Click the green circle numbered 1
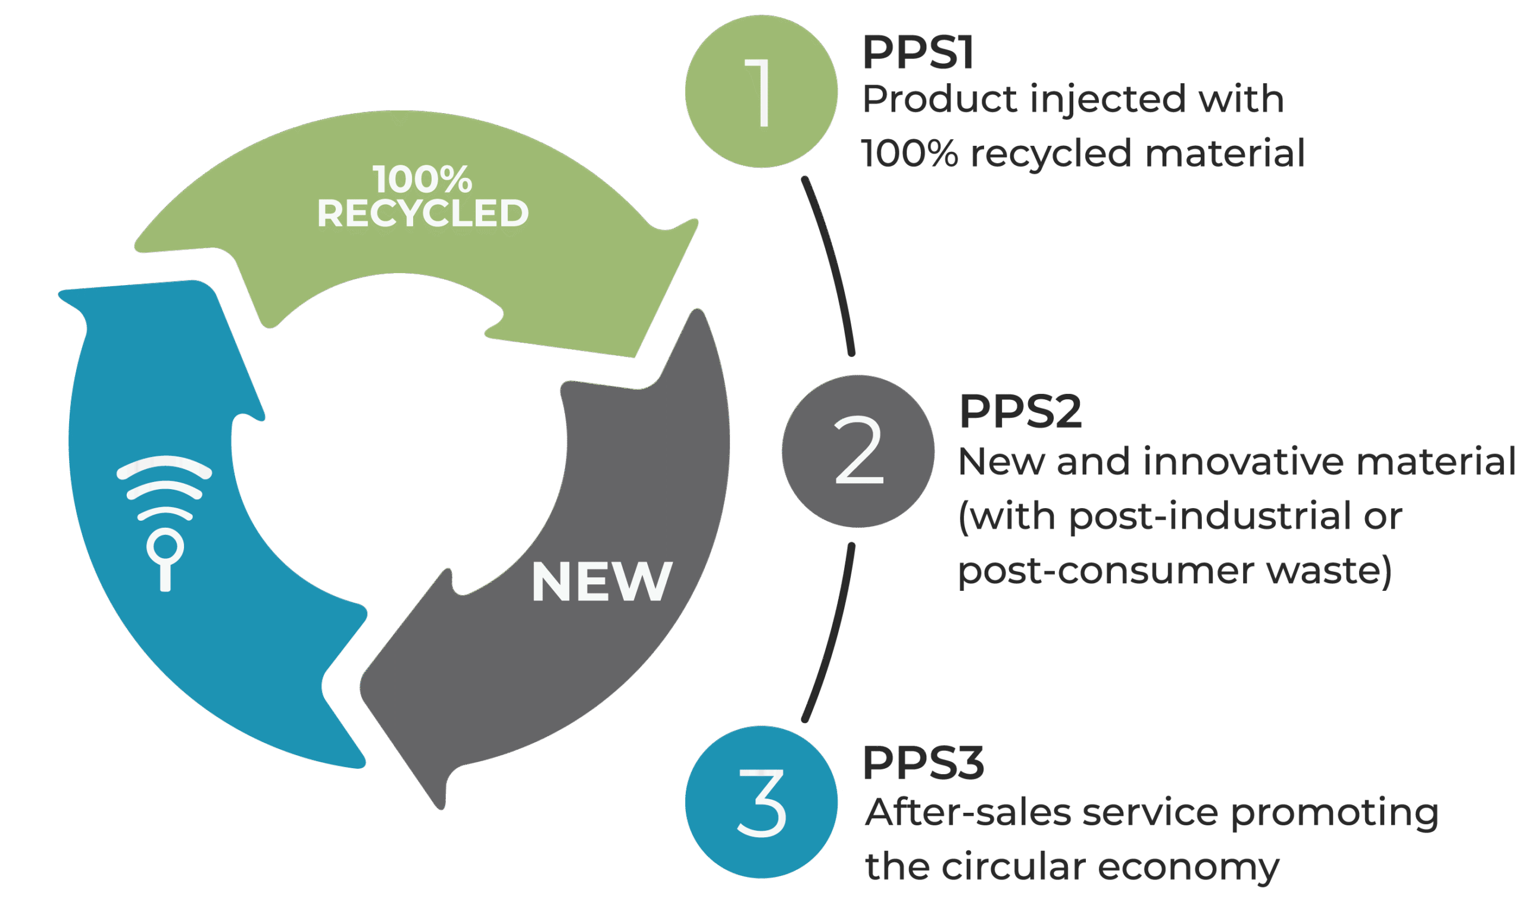pyautogui.click(x=761, y=91)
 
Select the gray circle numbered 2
pyautogui.click(x=857, y=451)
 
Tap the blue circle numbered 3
pyautogui.click(x=761, y=802)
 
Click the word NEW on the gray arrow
pyautogui.click(x=601, y=581)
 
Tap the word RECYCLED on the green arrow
pyautogui.click(x=423, y=213)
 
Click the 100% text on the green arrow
pyautogui.click(x=423, y=179)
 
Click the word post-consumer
pyautogui.click(x=1105, y=570)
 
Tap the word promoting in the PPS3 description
pyautogui.click(x=1333, y=813)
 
